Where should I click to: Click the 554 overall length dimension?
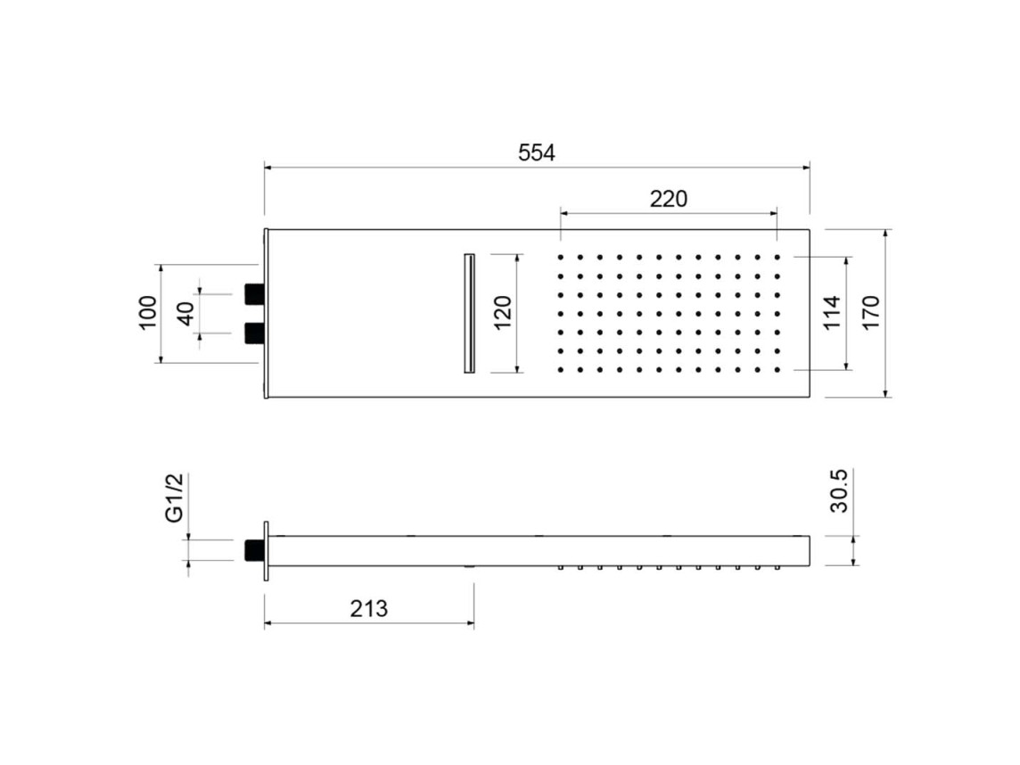pyautogui.click(x=537, y=152)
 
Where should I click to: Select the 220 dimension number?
pyautogui.click(x=669, y=199)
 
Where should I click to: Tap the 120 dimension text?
pyautogui.click(x=503, y=313)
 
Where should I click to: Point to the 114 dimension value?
pyautogui.click(x=832, y=313)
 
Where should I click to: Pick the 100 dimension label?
pyautogui.click(x=148, y=313)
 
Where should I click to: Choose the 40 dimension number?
pyautogui.click(x=186, y=314)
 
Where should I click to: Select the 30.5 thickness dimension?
pyautogui.click(x=839, y=491)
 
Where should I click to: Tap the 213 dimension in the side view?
pyautogui.click(x=369, y=609)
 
